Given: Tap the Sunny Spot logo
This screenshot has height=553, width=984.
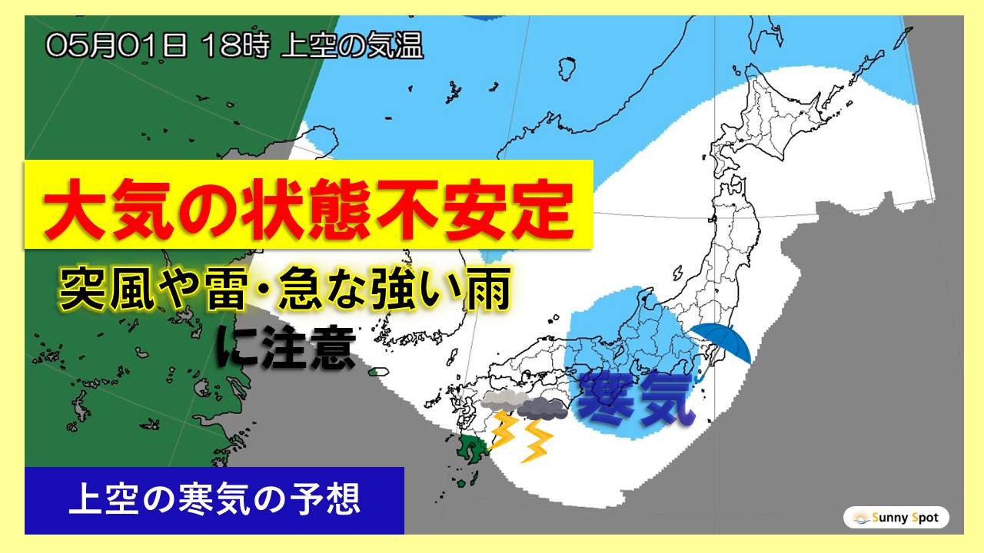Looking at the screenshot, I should [x=896, y=518].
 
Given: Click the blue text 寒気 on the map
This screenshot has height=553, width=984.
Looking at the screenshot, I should [x=635, y=398].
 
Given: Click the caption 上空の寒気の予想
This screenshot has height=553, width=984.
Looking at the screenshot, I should [x=214, y=501].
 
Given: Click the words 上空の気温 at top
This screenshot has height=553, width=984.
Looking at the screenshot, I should [x=352, y=46].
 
